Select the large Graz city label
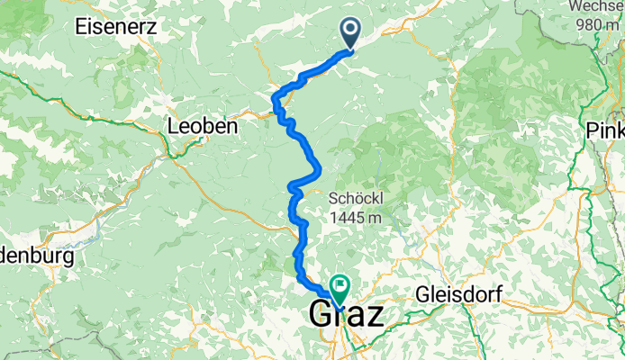click(x=347, y=314)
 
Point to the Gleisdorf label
click(x=457, y=294)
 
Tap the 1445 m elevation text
click(x=356, y=217)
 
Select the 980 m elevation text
click(x=597, y=24)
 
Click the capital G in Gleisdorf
click(x=422, y=294)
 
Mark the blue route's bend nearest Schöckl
click(x=317, y=167)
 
